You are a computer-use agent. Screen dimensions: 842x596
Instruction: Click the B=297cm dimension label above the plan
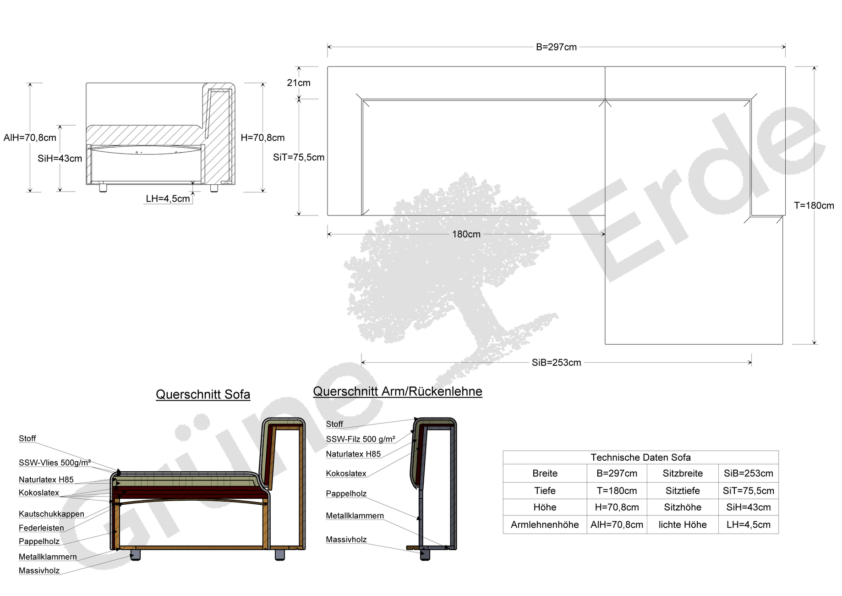556,47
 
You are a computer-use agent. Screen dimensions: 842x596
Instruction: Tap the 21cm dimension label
299,83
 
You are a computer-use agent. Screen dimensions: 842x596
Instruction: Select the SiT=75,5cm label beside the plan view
299,157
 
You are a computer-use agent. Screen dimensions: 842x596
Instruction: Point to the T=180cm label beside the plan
814,206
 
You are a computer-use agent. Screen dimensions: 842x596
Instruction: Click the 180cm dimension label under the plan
466,234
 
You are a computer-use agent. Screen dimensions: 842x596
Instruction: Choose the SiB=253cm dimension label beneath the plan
556,363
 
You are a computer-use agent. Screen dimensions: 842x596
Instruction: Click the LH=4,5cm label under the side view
168,199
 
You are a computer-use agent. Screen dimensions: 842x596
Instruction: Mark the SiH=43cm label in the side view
60,159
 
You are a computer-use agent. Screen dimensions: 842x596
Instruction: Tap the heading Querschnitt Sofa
203,395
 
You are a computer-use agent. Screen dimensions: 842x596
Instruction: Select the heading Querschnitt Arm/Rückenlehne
398,392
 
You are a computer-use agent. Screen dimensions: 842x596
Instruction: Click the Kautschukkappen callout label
51,514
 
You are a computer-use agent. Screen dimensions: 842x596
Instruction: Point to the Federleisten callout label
41,528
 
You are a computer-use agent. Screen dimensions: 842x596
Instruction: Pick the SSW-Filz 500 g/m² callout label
361,439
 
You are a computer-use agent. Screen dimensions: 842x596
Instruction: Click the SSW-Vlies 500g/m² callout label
55,463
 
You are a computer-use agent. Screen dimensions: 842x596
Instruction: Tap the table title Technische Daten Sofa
640,458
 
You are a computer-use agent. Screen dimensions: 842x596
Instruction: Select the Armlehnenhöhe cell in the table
545,525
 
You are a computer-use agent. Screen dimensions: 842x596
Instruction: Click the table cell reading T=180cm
617,491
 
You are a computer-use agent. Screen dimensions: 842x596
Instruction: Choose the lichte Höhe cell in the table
683,525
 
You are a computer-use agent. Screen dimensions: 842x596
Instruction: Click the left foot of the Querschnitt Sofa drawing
135,555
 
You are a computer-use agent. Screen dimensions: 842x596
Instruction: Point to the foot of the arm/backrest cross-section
425,555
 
